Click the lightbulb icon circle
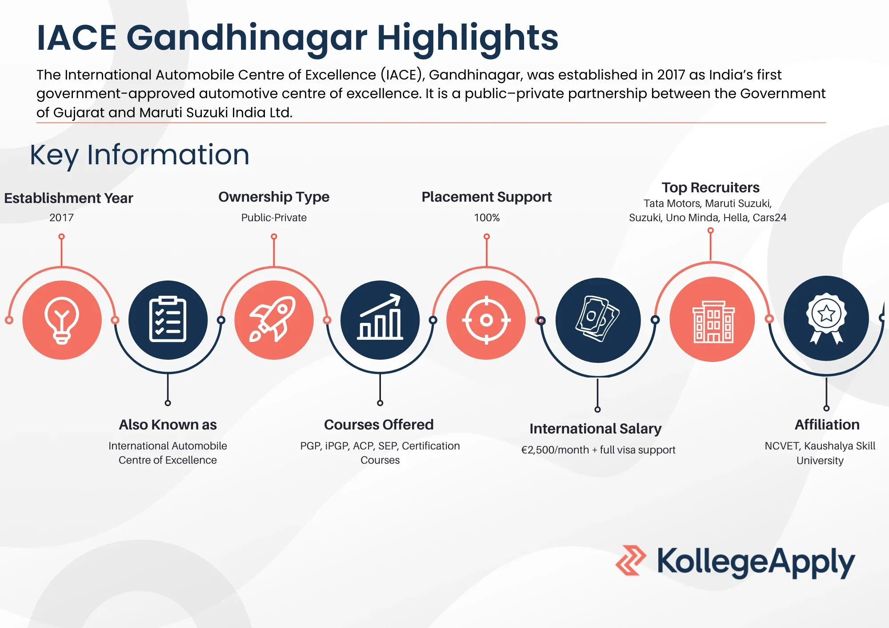[62, 320]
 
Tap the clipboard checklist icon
[168, 320]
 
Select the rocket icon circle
[274, 320]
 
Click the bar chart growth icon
[380, 320]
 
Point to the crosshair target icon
[486, 320]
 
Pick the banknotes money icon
[598, 320]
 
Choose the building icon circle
[712, 320]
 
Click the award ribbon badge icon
[826, 318]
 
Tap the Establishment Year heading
[68, 198]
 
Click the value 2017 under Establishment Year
[61, 218]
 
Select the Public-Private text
[274, 218]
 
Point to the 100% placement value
[487, 218]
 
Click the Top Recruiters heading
[710, 187]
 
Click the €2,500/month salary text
[554, 450]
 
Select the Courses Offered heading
[379, 425]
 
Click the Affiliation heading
[827, 425]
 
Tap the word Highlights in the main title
[468, 38]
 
